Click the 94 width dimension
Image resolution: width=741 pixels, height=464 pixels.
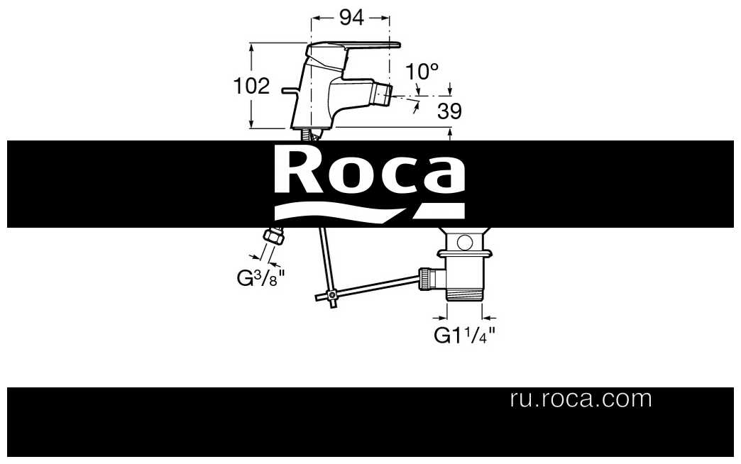tap(351, 18)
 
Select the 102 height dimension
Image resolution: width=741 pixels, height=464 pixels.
tap(251, 86)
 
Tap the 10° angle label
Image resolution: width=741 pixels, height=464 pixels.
tap(422, 72)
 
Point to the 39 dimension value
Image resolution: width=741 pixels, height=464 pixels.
tap(449, 111)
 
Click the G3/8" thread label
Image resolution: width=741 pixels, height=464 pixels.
tap(260, 278)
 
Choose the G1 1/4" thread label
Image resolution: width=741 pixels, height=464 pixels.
tap(464, 335)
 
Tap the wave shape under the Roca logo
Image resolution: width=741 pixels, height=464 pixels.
tap(369, 211)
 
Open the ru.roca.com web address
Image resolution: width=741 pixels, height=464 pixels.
tap(581, 399)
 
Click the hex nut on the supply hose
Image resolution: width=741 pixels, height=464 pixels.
tap(274, 236)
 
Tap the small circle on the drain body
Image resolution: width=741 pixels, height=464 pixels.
tap(464, 243)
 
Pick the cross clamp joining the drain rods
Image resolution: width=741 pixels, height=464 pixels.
tap(333, 297)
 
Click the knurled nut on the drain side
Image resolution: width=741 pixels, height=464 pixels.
tap(427, 278)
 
